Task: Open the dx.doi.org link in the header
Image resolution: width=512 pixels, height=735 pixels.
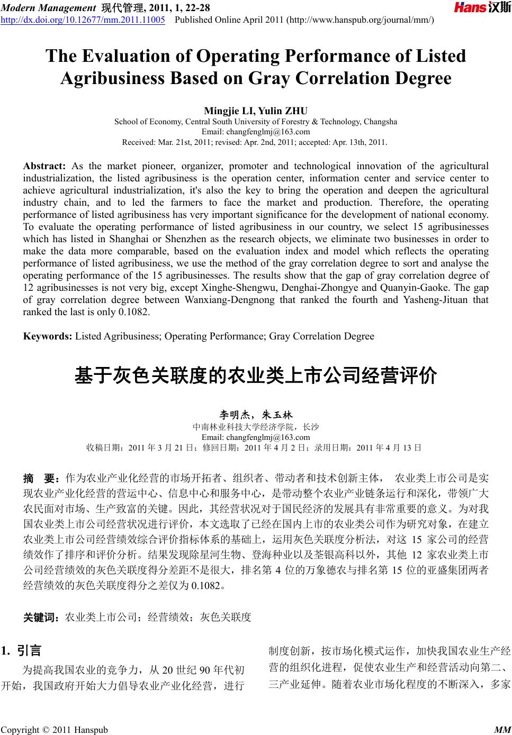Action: [x=83, y=20]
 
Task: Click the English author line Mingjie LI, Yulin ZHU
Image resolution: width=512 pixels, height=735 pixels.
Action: [x=256, y=111]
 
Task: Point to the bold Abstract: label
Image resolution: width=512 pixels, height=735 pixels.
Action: [x=44, y=166]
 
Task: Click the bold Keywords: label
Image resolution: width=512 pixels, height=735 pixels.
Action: [x=48, y=336]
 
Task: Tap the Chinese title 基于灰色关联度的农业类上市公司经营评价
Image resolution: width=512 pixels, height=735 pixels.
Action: [x=256, y=376]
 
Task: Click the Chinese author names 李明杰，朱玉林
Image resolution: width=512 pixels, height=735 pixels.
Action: [x=256, y=415]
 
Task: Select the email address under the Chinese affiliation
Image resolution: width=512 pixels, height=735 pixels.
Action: [x=256, y=437]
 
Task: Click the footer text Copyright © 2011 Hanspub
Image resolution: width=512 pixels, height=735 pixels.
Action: [x=54, y=730]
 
